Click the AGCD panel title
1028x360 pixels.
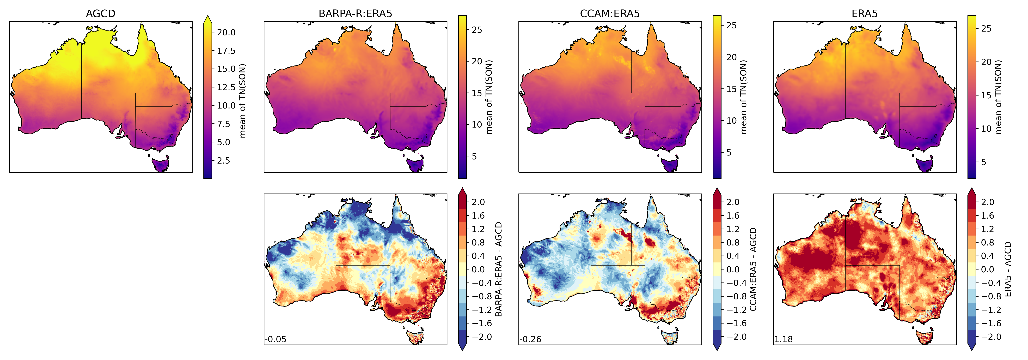coord(101,14)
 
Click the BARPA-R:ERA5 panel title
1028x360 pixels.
coord(355,14)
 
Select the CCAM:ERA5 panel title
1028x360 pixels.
coord(610,14)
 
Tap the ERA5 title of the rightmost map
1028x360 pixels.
coord(864,14)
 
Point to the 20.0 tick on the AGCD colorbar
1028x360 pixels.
coord(226,32)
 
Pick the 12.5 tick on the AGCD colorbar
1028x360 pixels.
coord(226,87)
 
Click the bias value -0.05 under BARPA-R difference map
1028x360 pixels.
coord(276,339)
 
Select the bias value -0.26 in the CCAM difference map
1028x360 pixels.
coord(530,339)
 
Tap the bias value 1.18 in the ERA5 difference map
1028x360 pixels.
coord(783,339)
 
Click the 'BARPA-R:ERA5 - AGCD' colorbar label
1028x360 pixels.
coord(498,269)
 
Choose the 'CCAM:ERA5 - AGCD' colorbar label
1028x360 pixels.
coord(753,269)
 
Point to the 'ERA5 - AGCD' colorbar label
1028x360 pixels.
coord(1008,269)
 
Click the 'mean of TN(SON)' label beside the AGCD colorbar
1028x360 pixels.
coord(242,101)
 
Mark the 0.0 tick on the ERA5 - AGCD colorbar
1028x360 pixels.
coord(987,269)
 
